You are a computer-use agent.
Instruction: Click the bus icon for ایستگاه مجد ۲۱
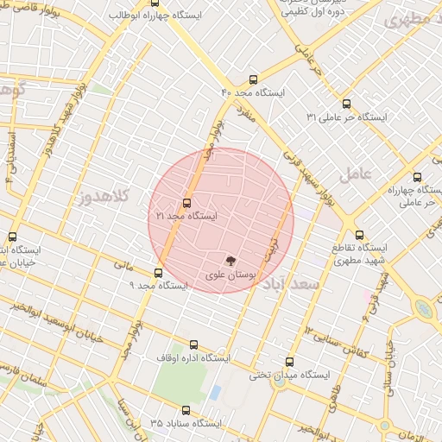187,204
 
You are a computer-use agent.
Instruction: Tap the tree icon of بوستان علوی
230,260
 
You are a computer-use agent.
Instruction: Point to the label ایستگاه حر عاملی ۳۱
348,117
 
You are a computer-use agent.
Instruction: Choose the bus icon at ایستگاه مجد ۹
157,273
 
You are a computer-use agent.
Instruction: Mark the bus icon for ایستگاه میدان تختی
288,363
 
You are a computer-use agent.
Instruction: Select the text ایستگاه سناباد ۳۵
186,424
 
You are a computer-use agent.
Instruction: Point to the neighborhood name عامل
355,174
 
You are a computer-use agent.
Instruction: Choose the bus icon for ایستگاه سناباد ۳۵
186,411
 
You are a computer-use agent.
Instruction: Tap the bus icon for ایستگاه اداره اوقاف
192,344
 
